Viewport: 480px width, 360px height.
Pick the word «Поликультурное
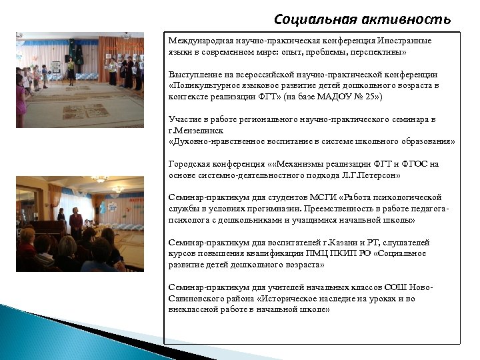click(x=204, y=86)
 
